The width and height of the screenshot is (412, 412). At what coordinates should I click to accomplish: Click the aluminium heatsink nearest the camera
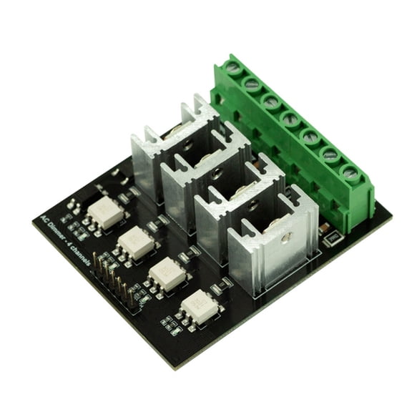[x=272, y=247]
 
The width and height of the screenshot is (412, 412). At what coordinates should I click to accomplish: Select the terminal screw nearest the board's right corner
[x=350, y=172]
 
